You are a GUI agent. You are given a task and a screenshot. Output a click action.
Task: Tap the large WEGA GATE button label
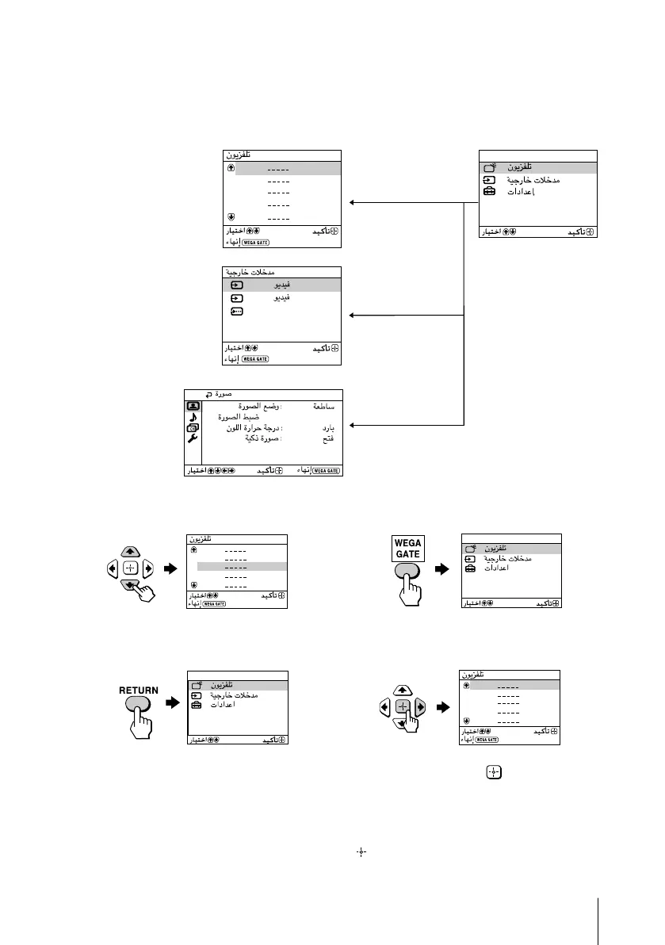410,548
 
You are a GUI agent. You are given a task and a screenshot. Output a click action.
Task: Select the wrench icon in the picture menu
192,438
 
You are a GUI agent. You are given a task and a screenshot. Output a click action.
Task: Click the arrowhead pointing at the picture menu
353,425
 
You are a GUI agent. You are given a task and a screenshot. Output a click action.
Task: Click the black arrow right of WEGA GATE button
442,569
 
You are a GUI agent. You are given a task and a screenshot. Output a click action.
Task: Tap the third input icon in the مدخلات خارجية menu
237,312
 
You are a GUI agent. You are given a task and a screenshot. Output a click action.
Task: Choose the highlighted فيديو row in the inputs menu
281,285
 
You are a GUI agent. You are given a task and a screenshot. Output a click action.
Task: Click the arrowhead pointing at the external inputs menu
353,316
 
